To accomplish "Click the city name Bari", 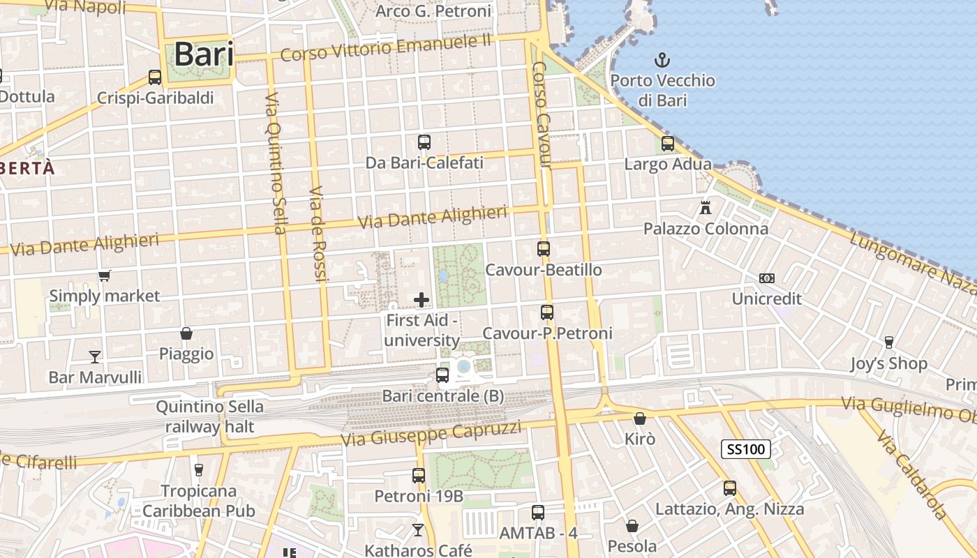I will tap(203, 54).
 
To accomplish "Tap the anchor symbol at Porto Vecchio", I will tap(661, 60).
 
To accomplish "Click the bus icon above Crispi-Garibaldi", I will tap(155, 77).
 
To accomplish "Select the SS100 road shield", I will tap(745, 449).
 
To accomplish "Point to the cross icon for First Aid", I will tap(422, 300).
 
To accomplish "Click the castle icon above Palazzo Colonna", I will tap(706, 207).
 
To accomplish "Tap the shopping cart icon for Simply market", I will tap(104, 276).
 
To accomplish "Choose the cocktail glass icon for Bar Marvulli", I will tap(95, 357).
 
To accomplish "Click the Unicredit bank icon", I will tap(767, 278).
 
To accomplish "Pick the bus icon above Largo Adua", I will tap(668, 144).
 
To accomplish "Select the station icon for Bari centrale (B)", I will tap(442, 375).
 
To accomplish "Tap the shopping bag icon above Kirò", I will tap(639, 418).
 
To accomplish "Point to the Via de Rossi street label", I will tap(318, 234).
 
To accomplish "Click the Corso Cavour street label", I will tap(542, 115).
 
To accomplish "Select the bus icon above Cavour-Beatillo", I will tap(543, 249).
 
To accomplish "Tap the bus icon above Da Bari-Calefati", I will tap(424, 142).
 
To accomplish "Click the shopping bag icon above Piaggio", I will tap(186, 333).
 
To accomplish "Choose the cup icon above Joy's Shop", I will tap(888, 342).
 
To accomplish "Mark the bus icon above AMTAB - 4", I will tap(538, 513).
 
